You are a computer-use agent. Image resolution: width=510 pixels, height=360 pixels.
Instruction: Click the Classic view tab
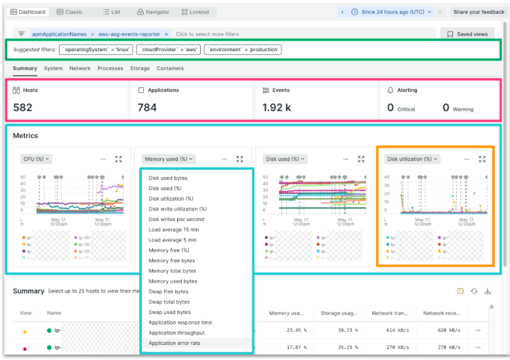[x=70, y=12]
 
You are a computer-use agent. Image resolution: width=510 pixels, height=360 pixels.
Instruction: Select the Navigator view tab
[x=153, y=12]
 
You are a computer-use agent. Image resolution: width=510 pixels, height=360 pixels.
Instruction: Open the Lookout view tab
[x=196, y=12]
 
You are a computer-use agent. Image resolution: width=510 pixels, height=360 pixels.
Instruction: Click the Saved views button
[x=467, y=34]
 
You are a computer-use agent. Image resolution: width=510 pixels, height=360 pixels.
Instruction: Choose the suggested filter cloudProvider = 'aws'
[x=169, y=49]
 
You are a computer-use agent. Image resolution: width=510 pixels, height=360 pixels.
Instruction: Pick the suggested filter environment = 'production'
[x=243, y=49]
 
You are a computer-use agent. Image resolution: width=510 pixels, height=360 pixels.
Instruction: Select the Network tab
[x=80, y=68]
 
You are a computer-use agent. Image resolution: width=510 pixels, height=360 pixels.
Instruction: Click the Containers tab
[x=170, y=68]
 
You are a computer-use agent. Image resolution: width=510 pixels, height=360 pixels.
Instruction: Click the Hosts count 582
[x=23, y=108]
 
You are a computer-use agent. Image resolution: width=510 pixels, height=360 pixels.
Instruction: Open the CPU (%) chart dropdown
[x=37, y=159]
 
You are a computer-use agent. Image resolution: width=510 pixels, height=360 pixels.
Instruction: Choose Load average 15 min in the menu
[x=173, y=230]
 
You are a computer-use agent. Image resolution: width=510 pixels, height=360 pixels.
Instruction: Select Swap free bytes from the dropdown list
[x=168, y=292]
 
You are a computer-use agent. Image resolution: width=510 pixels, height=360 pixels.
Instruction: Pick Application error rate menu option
[x=174, y=343]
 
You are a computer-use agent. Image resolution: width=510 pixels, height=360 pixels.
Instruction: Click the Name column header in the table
[x=54, y=313]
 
